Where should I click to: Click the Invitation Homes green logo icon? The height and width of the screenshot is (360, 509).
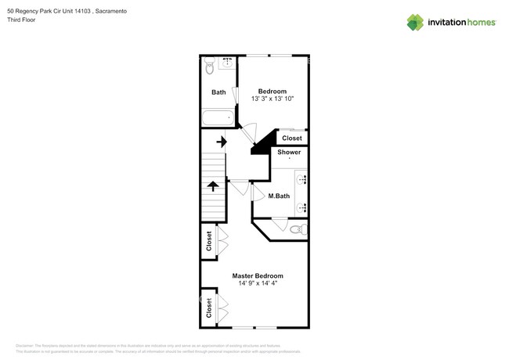click(x=415, y=23)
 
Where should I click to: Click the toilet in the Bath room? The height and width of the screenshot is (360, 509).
click(x=210, y=68)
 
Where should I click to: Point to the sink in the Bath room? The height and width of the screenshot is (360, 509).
click(x=228, y=62)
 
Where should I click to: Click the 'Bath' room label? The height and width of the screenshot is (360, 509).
click(x=218, y=92)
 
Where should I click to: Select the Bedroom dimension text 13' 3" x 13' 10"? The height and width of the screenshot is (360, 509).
click(x=272, y=99)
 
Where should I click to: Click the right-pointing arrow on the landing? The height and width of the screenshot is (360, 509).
click(x=222, y=142)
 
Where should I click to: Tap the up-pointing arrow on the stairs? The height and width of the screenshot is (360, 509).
click(x=212, y=185)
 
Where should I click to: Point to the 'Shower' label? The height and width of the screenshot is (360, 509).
click(x=288, y=152)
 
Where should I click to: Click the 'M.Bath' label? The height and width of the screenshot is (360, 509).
click(x=279, y=196)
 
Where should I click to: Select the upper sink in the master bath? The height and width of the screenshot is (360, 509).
click(x=301, y=179)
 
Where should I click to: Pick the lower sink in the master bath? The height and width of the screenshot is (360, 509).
click(x=301, y=207)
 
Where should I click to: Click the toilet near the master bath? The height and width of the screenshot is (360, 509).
click(x=297, y=229)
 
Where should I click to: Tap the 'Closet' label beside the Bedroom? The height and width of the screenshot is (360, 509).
click(x=291, y=138)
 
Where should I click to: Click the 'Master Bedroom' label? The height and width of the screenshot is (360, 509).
click(x=257, y=275)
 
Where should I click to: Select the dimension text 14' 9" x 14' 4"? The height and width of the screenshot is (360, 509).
click(x=258, y=283)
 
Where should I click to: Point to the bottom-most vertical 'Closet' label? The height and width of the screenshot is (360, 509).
click(x=209, y=308)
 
